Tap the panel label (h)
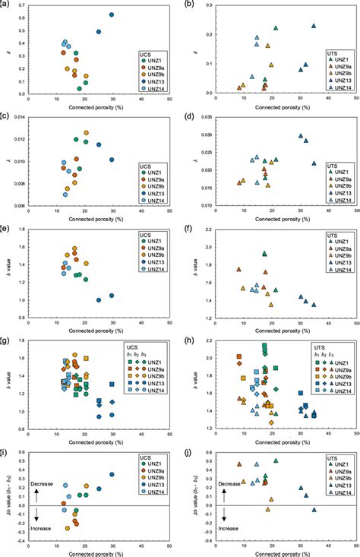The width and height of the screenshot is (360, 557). [185, 337]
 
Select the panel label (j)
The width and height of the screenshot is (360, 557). [185, 449]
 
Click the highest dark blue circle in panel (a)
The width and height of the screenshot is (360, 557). [112, 14]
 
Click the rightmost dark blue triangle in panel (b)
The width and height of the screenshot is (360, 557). [314, 26]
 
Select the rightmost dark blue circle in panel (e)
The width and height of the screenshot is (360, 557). [112, 296]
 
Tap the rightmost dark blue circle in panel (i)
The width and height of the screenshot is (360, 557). [112, 474]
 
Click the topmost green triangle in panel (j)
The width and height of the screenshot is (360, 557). [276, 460]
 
